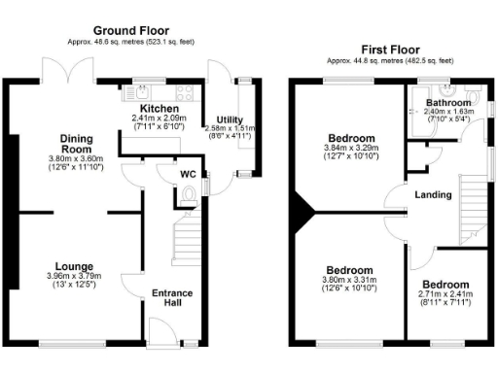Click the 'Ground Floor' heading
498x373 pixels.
127,31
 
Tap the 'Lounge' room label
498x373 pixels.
74,266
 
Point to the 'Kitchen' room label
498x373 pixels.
159,108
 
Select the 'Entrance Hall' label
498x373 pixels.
172,298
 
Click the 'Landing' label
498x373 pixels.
433,195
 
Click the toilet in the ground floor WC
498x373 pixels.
189,198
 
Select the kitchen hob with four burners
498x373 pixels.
184,93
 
